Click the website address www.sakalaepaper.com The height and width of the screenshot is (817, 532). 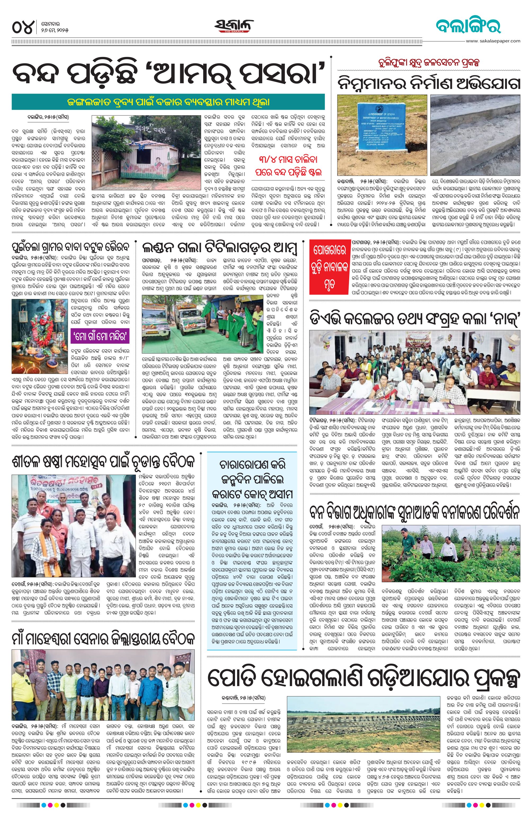493,41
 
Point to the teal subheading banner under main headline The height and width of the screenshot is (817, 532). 168,102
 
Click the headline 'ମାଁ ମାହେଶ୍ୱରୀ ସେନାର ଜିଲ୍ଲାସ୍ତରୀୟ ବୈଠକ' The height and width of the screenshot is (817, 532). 103,630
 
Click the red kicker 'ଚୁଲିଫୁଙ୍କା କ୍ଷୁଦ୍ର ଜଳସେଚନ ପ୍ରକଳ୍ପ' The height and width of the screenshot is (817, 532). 428,63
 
